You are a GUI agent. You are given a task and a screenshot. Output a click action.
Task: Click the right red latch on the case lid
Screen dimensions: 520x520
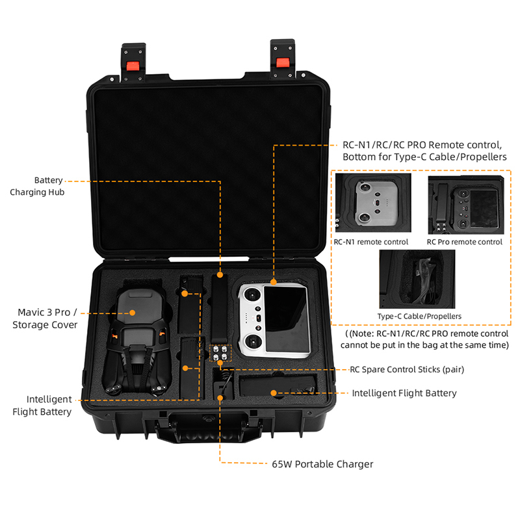(282, 62)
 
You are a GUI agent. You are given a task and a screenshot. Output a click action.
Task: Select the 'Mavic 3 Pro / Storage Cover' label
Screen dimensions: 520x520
(45, 318)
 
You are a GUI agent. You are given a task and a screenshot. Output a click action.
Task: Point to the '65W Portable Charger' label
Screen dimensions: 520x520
(322, 464)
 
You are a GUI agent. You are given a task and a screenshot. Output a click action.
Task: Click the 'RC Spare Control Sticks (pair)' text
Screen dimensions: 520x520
(407, 369)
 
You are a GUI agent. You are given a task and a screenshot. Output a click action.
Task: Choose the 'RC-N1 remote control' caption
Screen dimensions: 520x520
(371, 242)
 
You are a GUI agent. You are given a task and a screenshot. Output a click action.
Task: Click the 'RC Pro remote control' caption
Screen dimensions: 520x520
(464, 242)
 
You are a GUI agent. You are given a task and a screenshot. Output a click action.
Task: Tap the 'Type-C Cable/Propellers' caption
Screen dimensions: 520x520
(419, 316)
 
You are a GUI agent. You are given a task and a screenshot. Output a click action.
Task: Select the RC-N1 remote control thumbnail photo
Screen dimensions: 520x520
(372, 204)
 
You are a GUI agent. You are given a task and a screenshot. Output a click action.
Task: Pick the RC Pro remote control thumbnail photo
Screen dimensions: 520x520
(465, 204)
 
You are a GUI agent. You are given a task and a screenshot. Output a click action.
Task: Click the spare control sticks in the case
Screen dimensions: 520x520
(220, 352)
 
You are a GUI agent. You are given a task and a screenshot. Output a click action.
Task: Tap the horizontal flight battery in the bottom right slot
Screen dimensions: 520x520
(276, 387)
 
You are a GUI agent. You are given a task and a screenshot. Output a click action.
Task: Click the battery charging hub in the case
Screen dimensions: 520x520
(220, 305)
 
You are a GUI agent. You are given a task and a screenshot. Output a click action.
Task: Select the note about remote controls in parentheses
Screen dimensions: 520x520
(426, 339)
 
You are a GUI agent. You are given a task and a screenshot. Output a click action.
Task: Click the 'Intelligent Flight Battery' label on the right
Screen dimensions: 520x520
(404, 393)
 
